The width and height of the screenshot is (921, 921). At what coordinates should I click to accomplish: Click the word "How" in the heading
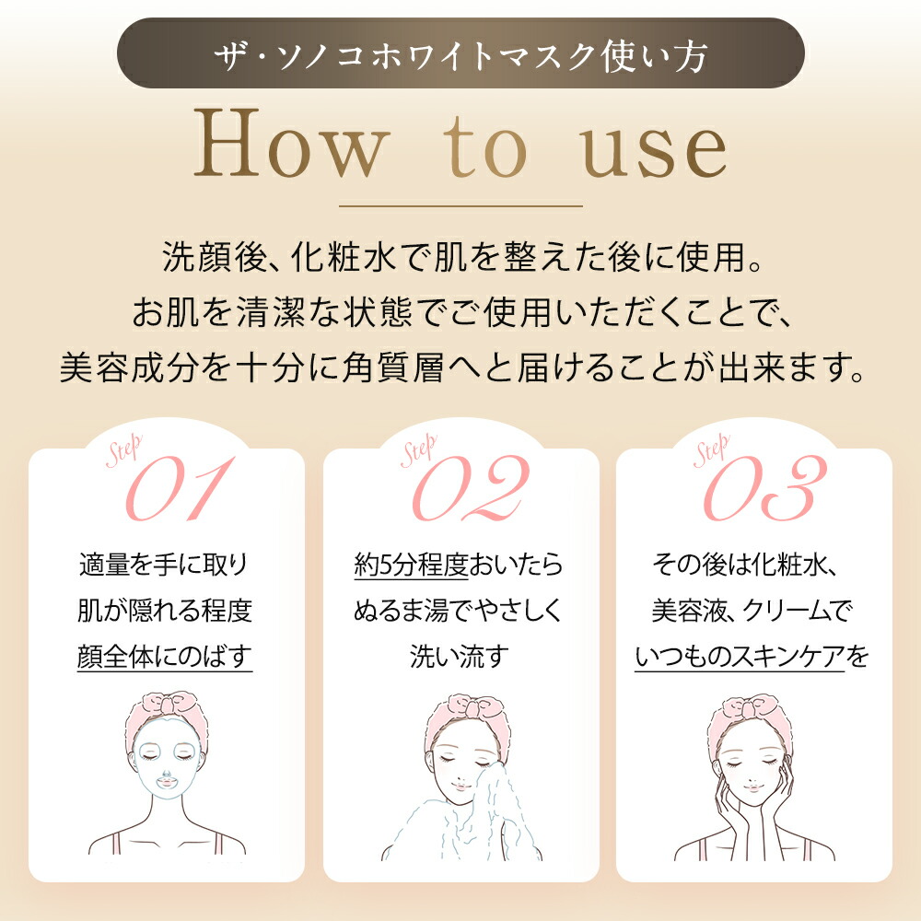292,143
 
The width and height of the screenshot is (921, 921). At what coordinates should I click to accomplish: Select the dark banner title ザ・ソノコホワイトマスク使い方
460,56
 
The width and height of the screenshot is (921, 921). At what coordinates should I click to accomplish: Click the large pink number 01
180,488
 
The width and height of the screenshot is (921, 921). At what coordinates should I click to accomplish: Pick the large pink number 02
471,488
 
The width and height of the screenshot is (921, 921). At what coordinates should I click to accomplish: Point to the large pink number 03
764,488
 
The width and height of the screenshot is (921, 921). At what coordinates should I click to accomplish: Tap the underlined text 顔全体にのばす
165,656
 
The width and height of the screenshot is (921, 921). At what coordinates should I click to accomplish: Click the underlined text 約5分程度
411,565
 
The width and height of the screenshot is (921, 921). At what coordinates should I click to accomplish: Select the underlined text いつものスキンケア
740,656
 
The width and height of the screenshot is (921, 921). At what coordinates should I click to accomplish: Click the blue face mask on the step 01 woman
166,758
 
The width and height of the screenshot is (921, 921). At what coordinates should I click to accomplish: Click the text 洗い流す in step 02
460,656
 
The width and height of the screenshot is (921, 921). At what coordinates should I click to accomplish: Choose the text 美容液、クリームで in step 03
752,611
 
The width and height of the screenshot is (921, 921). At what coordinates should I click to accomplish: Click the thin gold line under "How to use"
461,206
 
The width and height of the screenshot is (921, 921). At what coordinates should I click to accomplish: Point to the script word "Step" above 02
419,450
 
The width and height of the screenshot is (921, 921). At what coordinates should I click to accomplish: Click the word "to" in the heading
485,146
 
